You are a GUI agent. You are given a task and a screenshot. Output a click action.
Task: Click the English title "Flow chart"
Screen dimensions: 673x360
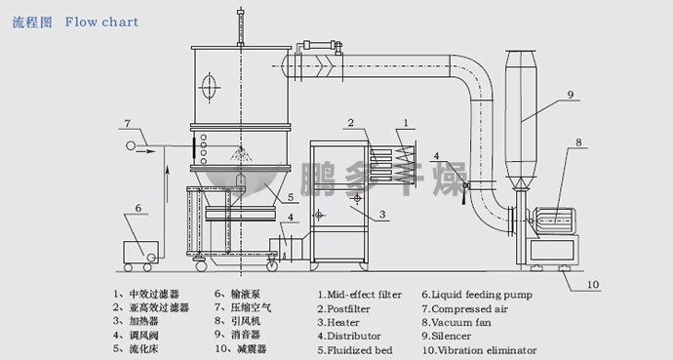click(x=101, y=22)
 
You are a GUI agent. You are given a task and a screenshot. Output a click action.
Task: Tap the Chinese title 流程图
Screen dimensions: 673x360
click(x=32, y=22)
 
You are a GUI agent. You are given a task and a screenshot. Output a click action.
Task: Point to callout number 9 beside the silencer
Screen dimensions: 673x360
click(x=571, y=95)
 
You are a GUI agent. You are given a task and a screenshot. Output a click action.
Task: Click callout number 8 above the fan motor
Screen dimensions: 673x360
click(x=578, y=142)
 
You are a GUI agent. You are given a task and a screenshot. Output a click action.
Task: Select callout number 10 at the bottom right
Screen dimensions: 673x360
click(x=593, y=285)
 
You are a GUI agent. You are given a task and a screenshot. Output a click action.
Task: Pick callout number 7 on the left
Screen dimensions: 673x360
click(x=127, y=124)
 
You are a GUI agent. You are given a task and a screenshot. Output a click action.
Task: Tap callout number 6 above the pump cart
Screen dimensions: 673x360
click(x=139, y=208)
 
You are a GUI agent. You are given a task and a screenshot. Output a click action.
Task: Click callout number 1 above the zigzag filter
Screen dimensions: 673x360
click(x=406, y=123)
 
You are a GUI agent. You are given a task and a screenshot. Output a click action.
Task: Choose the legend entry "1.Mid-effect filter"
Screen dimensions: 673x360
click(x=360, y=295)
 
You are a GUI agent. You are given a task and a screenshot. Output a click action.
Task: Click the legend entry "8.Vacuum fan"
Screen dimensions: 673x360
click(x=456, y=323)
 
